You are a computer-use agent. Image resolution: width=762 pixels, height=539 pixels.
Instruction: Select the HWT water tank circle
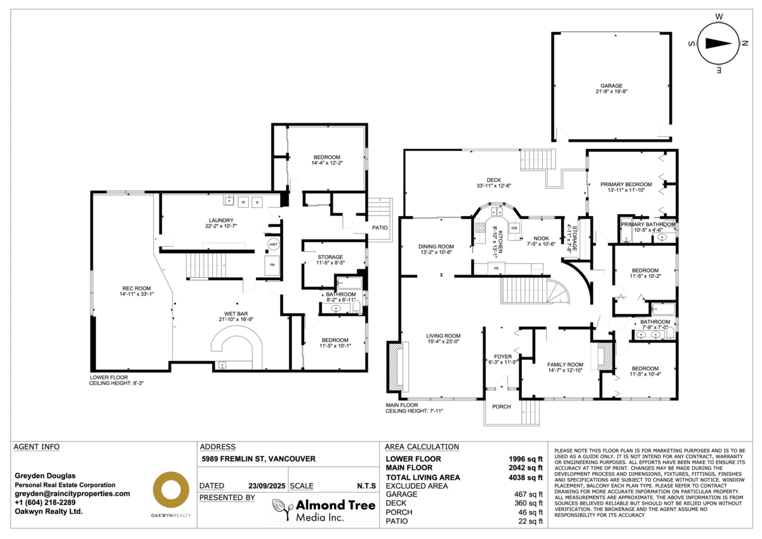[x=273, y=244]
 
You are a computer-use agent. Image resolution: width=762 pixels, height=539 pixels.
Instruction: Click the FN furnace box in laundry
[x=273, y=264]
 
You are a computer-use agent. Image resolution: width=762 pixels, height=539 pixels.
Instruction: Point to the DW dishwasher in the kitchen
[x=514, y=228]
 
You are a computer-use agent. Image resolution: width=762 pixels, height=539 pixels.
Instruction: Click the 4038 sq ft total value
[x=528, y=477]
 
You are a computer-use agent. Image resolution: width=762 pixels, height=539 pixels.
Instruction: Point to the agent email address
[x=72, y=493]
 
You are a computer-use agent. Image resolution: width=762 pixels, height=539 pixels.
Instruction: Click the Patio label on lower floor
[x=380, y=228]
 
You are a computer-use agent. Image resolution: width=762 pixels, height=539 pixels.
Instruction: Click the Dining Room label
[x=436, y=247]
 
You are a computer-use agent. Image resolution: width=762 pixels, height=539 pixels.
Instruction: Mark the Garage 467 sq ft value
[x=528, y=494]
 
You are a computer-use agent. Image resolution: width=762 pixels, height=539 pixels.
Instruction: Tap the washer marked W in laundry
[x=243, y=202]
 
